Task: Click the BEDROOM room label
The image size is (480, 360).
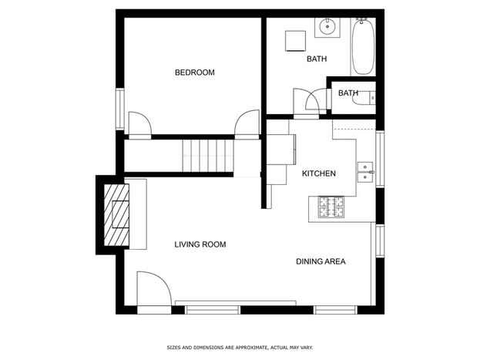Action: point(195,72)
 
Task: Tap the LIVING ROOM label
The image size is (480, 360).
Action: point(200,244)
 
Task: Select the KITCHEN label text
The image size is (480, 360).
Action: point(319,173)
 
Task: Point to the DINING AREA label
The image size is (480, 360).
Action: point(321,261)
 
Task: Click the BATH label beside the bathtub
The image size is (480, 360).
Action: point(317,59)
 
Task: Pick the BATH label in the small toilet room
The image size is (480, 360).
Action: point(348,93)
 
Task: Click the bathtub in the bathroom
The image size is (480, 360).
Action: point(363,46)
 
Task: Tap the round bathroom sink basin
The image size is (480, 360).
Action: point(327,27)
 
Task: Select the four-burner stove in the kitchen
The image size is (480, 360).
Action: point(331,207)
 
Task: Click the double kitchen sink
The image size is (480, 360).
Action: point(365,172)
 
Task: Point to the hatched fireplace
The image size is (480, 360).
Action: point(116,215)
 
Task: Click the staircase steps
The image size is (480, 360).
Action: point(208,156)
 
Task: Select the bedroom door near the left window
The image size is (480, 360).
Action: point(140,123)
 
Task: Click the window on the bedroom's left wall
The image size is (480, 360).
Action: point(120,109)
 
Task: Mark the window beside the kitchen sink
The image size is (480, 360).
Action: point(380,159)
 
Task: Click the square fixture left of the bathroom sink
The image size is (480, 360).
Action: point(295,41)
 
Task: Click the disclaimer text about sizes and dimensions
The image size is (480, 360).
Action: point(240,348)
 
